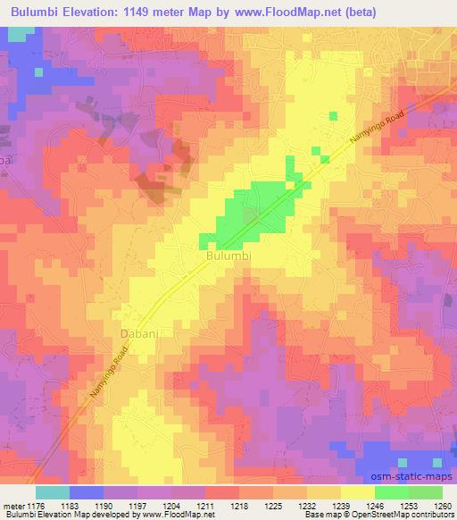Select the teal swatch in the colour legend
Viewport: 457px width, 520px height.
(53, 492)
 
